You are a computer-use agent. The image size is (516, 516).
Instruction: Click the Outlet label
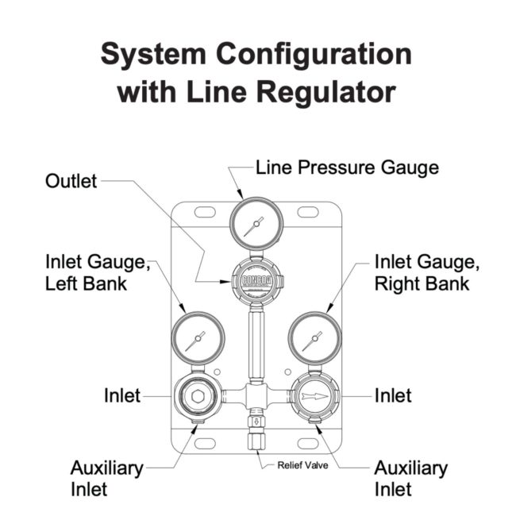70,181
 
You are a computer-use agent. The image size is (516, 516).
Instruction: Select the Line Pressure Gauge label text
346,168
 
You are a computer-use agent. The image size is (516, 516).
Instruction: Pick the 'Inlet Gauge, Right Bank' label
422,271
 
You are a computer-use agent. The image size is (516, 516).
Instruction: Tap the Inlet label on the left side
121,395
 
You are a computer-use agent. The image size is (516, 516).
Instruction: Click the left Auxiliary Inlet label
107,477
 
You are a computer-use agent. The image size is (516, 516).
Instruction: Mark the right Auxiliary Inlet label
410,477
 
